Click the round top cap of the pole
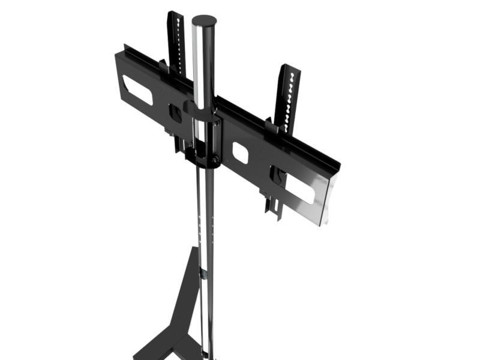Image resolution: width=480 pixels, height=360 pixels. click(203, 20)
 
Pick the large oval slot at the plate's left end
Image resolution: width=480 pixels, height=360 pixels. click(137, 89)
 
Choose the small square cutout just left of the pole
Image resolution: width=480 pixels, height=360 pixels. click(176, 113)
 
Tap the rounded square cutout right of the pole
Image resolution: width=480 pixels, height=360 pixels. click(241, 152)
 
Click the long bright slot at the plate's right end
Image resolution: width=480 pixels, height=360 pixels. click(299, 187)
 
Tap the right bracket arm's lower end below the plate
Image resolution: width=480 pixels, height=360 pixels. click(274, 207)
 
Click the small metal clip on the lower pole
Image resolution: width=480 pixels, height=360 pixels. click(203, 274)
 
